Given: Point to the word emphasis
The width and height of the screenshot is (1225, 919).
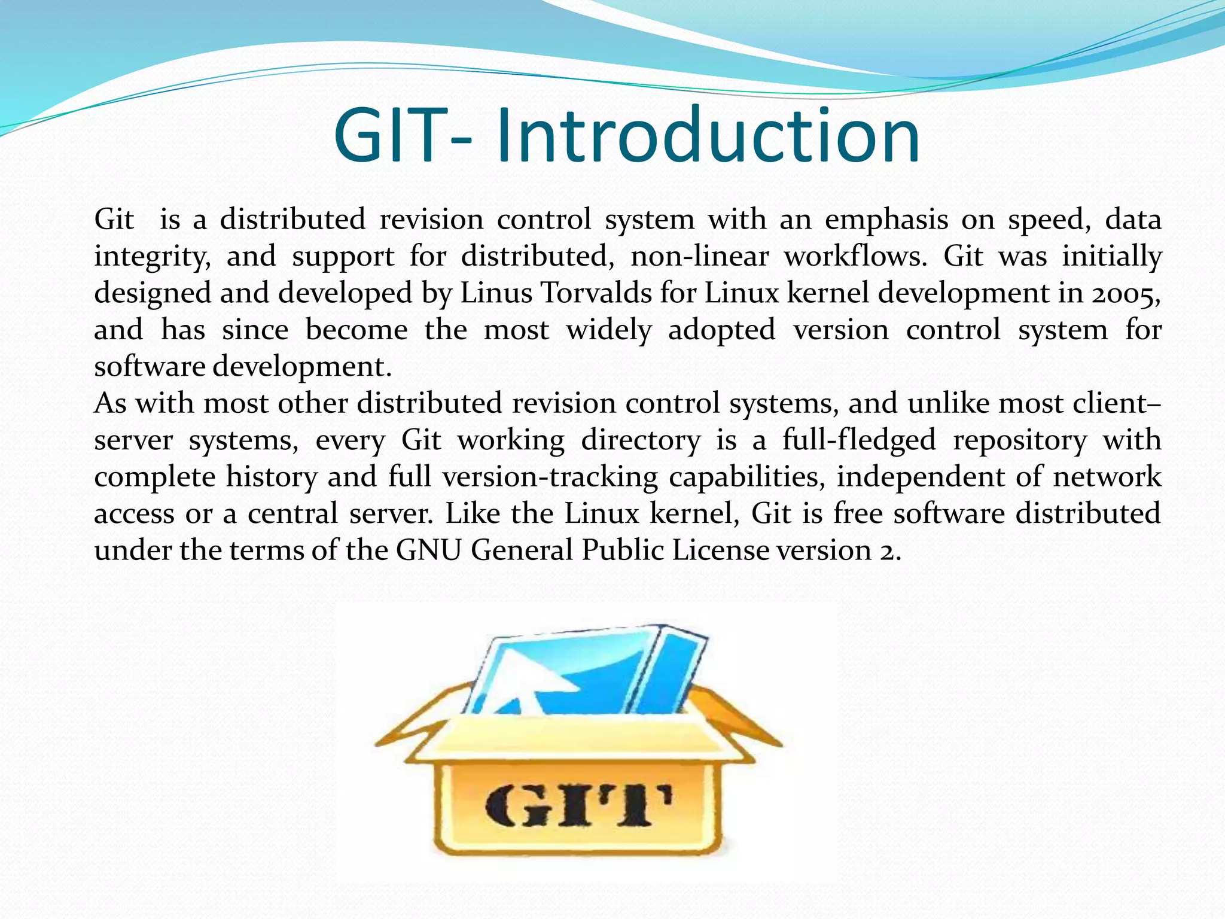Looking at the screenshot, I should (x=886, y=220).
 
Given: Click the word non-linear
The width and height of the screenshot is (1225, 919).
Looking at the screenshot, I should (x=699, y=257).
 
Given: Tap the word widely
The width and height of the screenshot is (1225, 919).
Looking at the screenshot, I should (x=608, y=330).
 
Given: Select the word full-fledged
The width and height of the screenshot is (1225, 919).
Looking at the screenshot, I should (x=859, y=440).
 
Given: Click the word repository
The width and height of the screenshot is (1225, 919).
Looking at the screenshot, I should (x=1020, y=440).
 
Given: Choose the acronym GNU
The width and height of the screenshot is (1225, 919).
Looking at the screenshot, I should (x=428, y=550).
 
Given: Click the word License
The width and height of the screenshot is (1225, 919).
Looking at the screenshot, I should (x=720, y=550).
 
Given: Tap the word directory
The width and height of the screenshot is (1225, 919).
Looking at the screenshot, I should (x=641, y=440).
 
